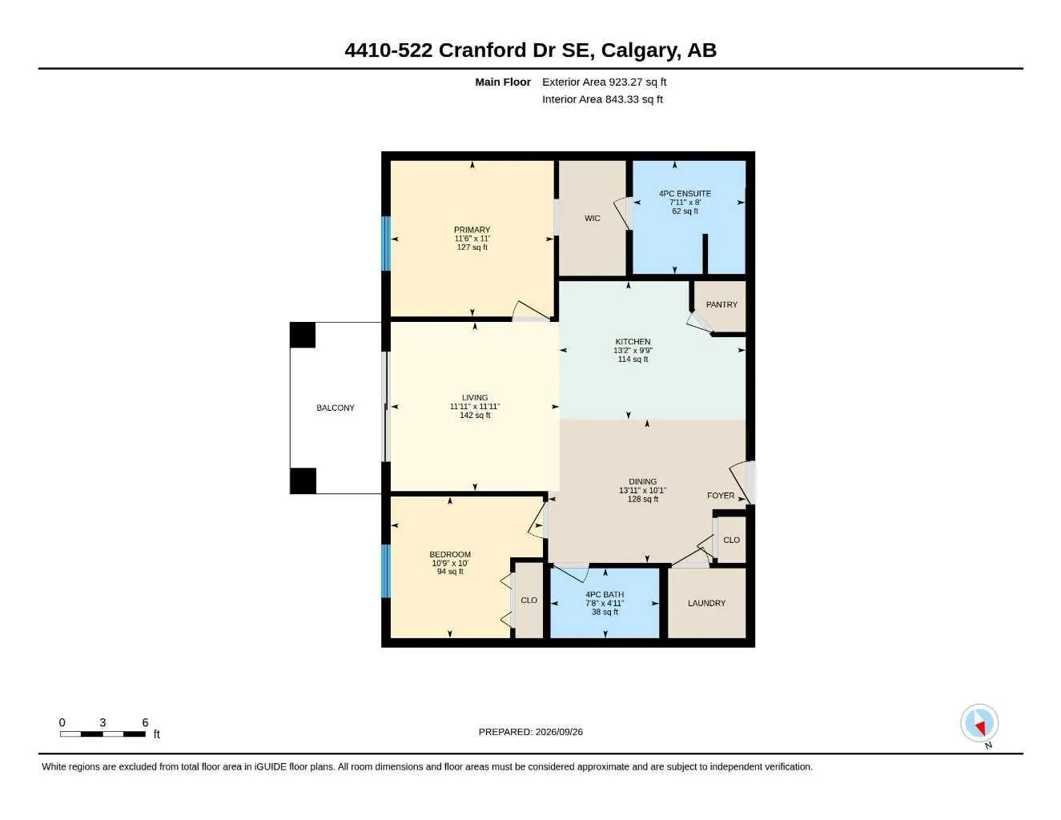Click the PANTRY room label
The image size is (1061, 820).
pos(721,304)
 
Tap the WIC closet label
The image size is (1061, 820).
pos(592,218)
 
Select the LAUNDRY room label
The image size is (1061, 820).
pos(706,603)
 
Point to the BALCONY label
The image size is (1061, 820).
pos(335,408)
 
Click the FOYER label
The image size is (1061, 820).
pos(720,496)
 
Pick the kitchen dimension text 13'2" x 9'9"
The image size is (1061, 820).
pos(633,351)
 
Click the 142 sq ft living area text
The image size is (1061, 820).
pos(475,416)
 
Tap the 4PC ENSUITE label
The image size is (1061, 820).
pos(685,194)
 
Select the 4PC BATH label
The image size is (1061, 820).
pos(605,594)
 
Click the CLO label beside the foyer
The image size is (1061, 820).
pos(731,540)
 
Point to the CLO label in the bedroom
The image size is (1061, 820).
pos(528,601)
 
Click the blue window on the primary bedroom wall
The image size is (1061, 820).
pos(386,243)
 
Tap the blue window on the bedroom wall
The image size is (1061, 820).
pos(386,571)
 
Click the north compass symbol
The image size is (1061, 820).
pos(979,724)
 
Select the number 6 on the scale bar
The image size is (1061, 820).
pos(145,722)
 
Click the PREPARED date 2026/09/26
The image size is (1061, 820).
pos(559,732)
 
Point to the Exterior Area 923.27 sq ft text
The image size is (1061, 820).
pos(604,82)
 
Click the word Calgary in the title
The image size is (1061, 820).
pos(641,50)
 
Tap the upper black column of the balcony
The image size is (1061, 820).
pos(303,335)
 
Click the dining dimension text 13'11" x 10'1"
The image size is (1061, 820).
pos(642,491)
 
